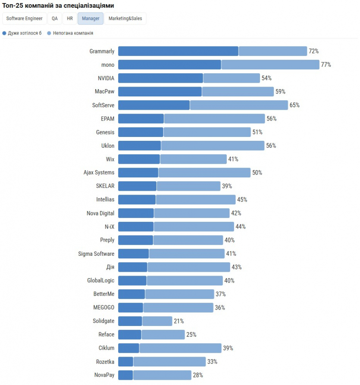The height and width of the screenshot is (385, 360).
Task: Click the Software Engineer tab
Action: [24, 19]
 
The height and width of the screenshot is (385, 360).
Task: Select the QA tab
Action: [55, 19]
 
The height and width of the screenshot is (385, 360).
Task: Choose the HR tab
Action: [70, 19]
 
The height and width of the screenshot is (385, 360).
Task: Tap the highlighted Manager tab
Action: [91, 19]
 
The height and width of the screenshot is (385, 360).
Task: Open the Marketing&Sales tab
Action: [125, 19]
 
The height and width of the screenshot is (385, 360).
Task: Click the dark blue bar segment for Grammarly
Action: [178, 51]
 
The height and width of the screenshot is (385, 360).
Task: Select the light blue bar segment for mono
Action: [270, 65]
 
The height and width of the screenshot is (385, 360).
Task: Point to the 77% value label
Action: [326, 65]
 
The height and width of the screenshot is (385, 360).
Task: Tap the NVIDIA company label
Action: [106, 78]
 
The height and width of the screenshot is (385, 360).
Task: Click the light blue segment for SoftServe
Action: [239, 105]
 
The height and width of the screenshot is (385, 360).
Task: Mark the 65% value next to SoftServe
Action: [294, 105]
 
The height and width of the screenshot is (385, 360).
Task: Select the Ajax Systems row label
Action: [99, 172]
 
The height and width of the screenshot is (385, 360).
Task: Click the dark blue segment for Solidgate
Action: [130, 321]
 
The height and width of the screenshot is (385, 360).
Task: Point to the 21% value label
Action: [178, 321]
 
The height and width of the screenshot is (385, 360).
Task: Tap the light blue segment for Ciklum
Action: [180, 348]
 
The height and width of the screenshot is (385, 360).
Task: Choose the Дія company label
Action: [110, 267]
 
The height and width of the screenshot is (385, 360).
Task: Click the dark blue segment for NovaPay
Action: [125, 375]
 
